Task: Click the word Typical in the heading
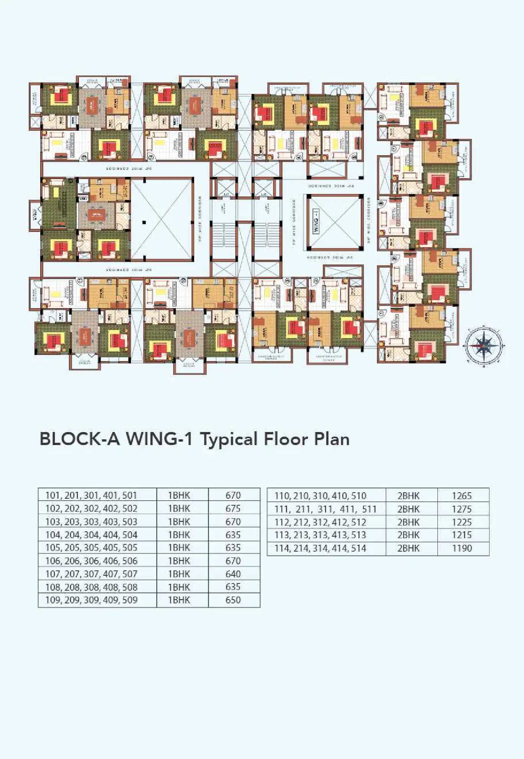point(229,439)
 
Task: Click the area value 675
point(233,508)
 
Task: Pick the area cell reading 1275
point(462,509)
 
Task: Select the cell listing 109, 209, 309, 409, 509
point(91,600)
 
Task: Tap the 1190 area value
point(462,548)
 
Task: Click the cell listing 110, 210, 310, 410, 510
point(320,496)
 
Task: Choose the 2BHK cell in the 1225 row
point(408,522)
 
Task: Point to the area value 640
point(233,574)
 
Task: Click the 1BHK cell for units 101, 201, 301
point(179,495)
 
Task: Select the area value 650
point(233,600)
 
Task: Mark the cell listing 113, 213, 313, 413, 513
point(320,535)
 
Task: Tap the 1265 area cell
point(462,496)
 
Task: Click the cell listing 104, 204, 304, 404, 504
point(91,535)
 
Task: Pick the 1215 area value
point(462,535)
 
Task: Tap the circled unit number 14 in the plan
point(151,157)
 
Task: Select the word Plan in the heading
point(332,439)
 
